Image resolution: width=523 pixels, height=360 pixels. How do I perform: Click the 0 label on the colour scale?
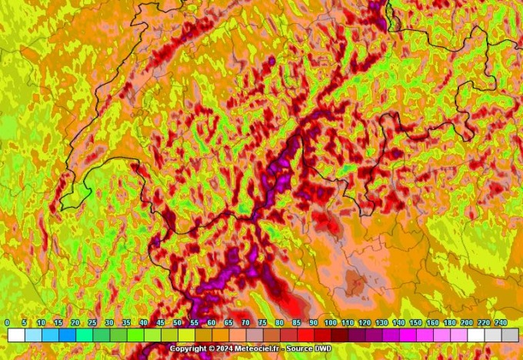point(7,323)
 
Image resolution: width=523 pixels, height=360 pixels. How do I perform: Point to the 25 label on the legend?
point(92,323)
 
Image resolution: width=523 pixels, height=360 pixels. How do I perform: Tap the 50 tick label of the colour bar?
point(178,323)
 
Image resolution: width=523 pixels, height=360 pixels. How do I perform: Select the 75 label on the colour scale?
point(262,323)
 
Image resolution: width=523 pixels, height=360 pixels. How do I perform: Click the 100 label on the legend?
point(330,323)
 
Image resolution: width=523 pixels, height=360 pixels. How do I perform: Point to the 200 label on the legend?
point(466,323)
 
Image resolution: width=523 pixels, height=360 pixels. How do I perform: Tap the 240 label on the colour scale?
point(501,323)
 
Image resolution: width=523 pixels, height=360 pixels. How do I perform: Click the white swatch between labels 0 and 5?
point(16,335)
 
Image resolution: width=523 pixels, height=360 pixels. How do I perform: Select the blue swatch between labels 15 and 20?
point(67,335)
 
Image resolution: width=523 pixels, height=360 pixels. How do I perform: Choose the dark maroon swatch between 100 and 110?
point(339,335)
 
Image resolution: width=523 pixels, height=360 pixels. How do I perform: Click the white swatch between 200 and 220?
point(475,335)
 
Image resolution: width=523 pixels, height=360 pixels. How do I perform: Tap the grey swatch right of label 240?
point(509,335)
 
